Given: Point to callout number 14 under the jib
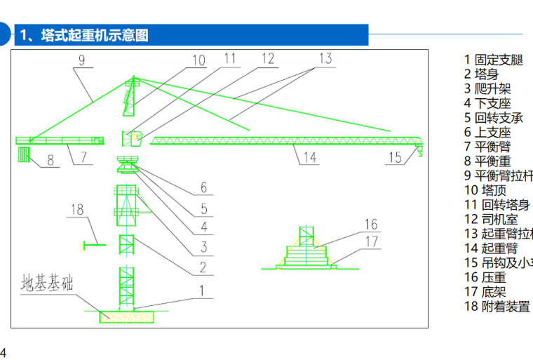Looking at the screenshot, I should point(309,158).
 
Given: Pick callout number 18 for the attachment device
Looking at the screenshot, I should point(77,209).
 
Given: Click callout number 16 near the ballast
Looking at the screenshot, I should point(371,225).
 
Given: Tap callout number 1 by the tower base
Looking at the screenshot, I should point(202,289).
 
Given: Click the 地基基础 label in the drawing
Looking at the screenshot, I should point(47,283).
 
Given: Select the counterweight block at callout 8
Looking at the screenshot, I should point(24,154).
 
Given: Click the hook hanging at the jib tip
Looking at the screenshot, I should point(419,149).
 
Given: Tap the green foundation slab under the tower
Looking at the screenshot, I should point(127,316).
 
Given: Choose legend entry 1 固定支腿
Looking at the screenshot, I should point(494,60).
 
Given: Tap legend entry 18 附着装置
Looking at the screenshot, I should point(497,306).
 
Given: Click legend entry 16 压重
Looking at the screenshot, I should point(485,277).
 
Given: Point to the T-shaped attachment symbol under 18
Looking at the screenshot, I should point(93,244).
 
